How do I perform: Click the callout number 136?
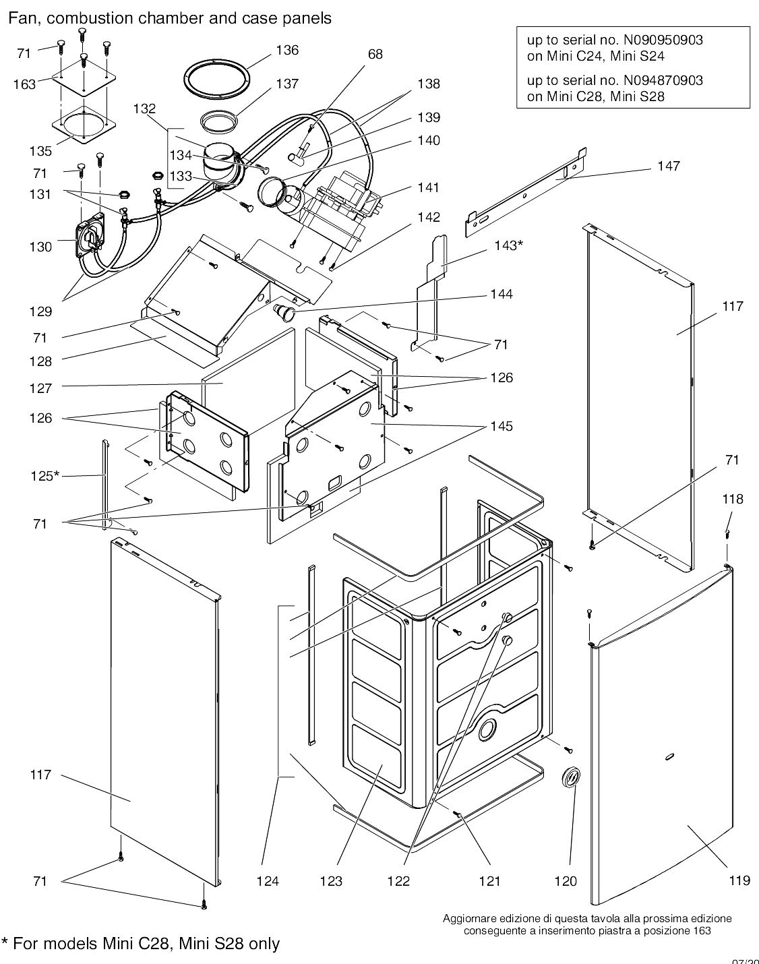[287, 51]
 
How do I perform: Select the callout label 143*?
[507, 245]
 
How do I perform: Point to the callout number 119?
[739, 880]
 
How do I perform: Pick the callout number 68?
[375, 54]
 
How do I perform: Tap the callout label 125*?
[44, 476]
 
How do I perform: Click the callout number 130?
[40, 247]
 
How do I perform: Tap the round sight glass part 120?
[570, 777]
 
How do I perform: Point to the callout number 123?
[331, 881]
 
